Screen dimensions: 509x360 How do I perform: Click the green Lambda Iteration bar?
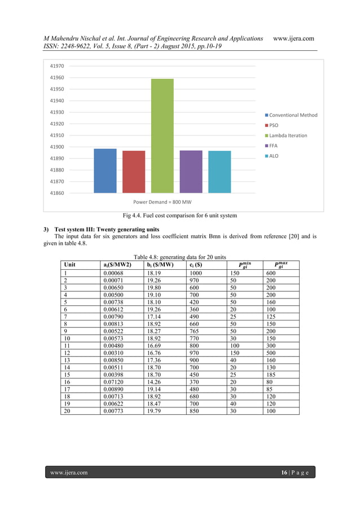162,136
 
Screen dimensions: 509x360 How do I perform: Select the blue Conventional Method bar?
105,171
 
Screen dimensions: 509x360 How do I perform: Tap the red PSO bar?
134,172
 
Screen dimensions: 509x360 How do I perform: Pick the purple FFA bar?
191,172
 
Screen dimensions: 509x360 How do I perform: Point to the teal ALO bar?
219,172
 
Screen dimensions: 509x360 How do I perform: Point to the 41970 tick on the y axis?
56,66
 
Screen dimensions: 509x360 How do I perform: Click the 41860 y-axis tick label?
56,193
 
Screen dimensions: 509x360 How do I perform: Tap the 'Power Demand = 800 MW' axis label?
162,201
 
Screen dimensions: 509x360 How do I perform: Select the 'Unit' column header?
70,264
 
